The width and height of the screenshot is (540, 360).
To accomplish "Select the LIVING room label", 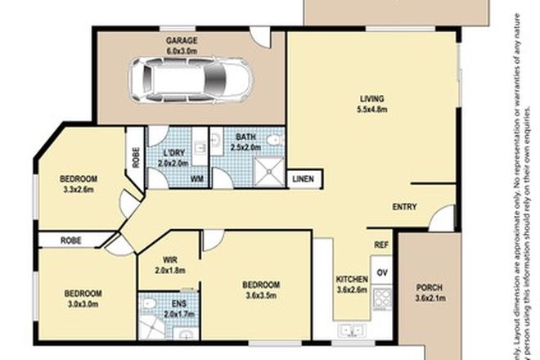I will click(371, 100).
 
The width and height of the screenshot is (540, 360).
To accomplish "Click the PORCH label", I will click(430, 288).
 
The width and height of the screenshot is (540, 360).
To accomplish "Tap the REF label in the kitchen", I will click(380, 244).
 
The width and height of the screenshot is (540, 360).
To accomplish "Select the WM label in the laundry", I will click(197, 178).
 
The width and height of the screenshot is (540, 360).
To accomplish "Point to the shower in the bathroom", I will click(269, 170).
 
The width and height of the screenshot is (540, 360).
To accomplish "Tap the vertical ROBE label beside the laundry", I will click(135, 156).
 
